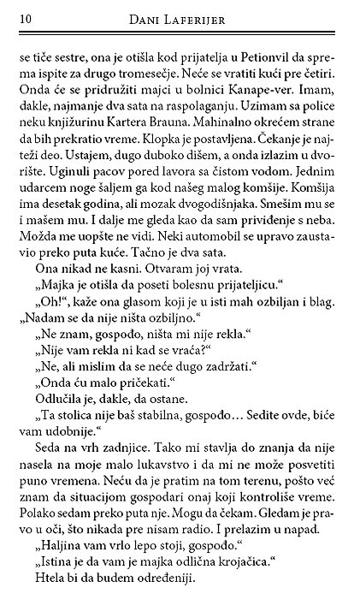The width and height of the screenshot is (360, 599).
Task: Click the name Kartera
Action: pos(141,130)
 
